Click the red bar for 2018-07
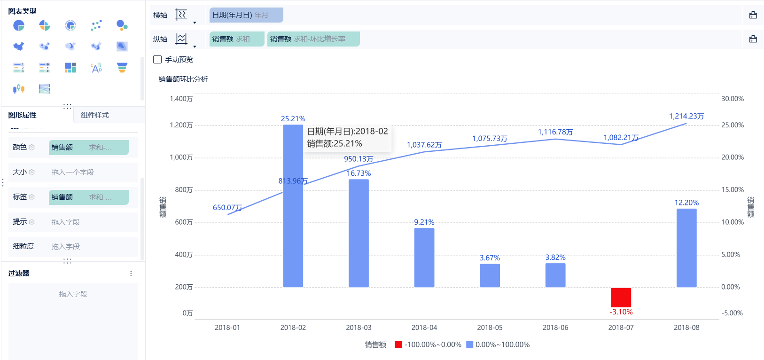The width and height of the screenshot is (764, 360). tap(621, 297)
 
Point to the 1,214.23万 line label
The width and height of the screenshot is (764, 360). tap(686, 116)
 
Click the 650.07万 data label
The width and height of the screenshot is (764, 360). tap(227, 207)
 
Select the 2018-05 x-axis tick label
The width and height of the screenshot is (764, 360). tap(490, 328)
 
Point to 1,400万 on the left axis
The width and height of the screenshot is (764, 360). tap(181, 99)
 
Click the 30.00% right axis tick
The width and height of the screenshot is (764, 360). tap(733, 99)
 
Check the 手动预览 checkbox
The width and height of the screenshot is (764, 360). tap(158, 60)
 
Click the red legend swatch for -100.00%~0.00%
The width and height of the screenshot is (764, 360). tap(398, 344)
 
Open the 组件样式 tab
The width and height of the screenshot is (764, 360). tap(94, 115)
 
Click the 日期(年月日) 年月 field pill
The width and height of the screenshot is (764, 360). tap(246, 15)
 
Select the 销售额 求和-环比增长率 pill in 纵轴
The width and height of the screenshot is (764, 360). tap(313, 39)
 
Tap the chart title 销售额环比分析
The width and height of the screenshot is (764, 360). tap(183, 79)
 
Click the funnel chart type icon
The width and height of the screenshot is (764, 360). tap(122, 68)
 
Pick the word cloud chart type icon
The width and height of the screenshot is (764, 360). tap(96, 68)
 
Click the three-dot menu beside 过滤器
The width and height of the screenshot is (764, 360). tap(131, 274)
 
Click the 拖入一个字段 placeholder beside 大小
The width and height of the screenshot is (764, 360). tap(73, 172)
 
